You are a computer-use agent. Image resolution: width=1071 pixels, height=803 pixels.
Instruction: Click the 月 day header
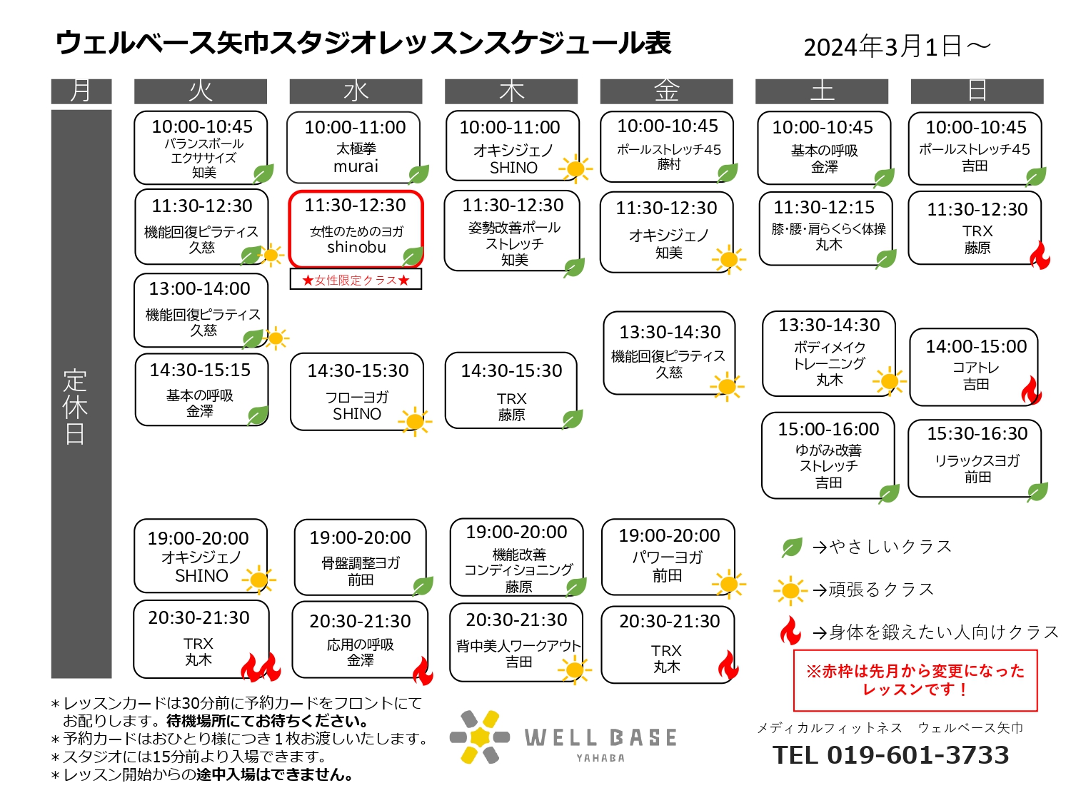click(x=81, y=91)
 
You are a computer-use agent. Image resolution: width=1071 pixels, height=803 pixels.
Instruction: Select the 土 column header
click(x=821, y=91)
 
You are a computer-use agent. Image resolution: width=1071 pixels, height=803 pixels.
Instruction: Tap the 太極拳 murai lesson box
click(x=353, y=147)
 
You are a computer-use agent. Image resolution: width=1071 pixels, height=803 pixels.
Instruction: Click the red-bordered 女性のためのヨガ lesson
click(x=356, y=228)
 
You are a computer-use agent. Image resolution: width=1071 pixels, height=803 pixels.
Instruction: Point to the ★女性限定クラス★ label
click(x=356, y=279)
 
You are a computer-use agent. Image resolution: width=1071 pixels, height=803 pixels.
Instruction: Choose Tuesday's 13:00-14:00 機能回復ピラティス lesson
click(x=201, y=310)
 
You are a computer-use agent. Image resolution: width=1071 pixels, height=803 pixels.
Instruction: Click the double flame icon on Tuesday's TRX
click(x=261, y=667)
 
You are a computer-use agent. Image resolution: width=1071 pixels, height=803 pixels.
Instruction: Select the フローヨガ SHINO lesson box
click(x=357, y=392)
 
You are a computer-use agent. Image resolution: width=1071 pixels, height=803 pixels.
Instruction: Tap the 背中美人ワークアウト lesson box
click(x=516, y=642)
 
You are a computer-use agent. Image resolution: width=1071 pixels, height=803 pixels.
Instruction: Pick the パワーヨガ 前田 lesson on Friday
click(x=668, y=557)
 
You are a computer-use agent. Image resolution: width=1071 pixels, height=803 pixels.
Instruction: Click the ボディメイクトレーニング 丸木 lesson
click(x=828, y=353)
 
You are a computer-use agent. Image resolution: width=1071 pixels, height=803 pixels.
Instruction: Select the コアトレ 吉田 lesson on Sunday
click(x=974, y=367)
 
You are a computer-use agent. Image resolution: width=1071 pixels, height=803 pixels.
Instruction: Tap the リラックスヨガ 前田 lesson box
click(x=975, y=458)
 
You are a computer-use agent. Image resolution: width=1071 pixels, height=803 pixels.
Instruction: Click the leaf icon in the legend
click(x=791, y=547)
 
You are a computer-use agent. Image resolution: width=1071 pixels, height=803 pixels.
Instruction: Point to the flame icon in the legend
click(x=790, y=631)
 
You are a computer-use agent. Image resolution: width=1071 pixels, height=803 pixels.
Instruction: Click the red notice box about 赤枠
click(x=915, y=680)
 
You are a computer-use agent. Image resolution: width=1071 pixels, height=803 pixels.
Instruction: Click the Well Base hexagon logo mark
click(x=480, y=737)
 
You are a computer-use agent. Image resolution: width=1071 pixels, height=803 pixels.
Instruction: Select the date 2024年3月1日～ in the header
click(x=897, y=47)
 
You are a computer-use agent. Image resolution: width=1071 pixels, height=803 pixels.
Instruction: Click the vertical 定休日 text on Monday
click(x=75, y=407)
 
